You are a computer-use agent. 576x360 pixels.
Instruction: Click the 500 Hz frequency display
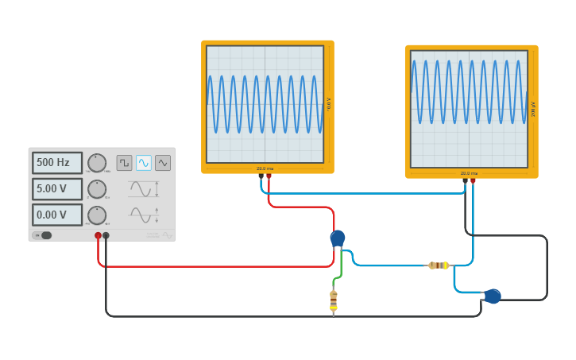[57, 163]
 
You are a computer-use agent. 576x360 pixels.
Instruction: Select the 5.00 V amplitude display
[57, 189]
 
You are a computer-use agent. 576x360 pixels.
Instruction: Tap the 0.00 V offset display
[57, 215]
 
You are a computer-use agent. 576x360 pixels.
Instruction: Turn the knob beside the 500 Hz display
[97, 163]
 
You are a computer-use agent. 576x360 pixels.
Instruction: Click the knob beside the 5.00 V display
[97, 189]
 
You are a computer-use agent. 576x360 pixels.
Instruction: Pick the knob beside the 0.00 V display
[97, 215]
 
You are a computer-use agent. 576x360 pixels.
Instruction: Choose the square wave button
[125, 163]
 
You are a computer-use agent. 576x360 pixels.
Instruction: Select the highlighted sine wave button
[144, 163]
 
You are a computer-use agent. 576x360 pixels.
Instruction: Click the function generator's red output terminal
[99, 235]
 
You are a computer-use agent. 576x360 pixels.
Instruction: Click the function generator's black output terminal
[106, 235]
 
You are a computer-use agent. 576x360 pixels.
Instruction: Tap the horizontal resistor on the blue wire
[438, 265]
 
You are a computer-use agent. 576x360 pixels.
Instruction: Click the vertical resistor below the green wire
[334, 300]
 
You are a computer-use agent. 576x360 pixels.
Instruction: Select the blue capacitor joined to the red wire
[338, 238]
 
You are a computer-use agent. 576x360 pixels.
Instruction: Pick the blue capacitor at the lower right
[493, 296]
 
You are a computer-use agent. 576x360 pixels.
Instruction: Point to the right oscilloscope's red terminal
[473, 181]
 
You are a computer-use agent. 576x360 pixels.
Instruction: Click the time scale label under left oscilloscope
[265, 168]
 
